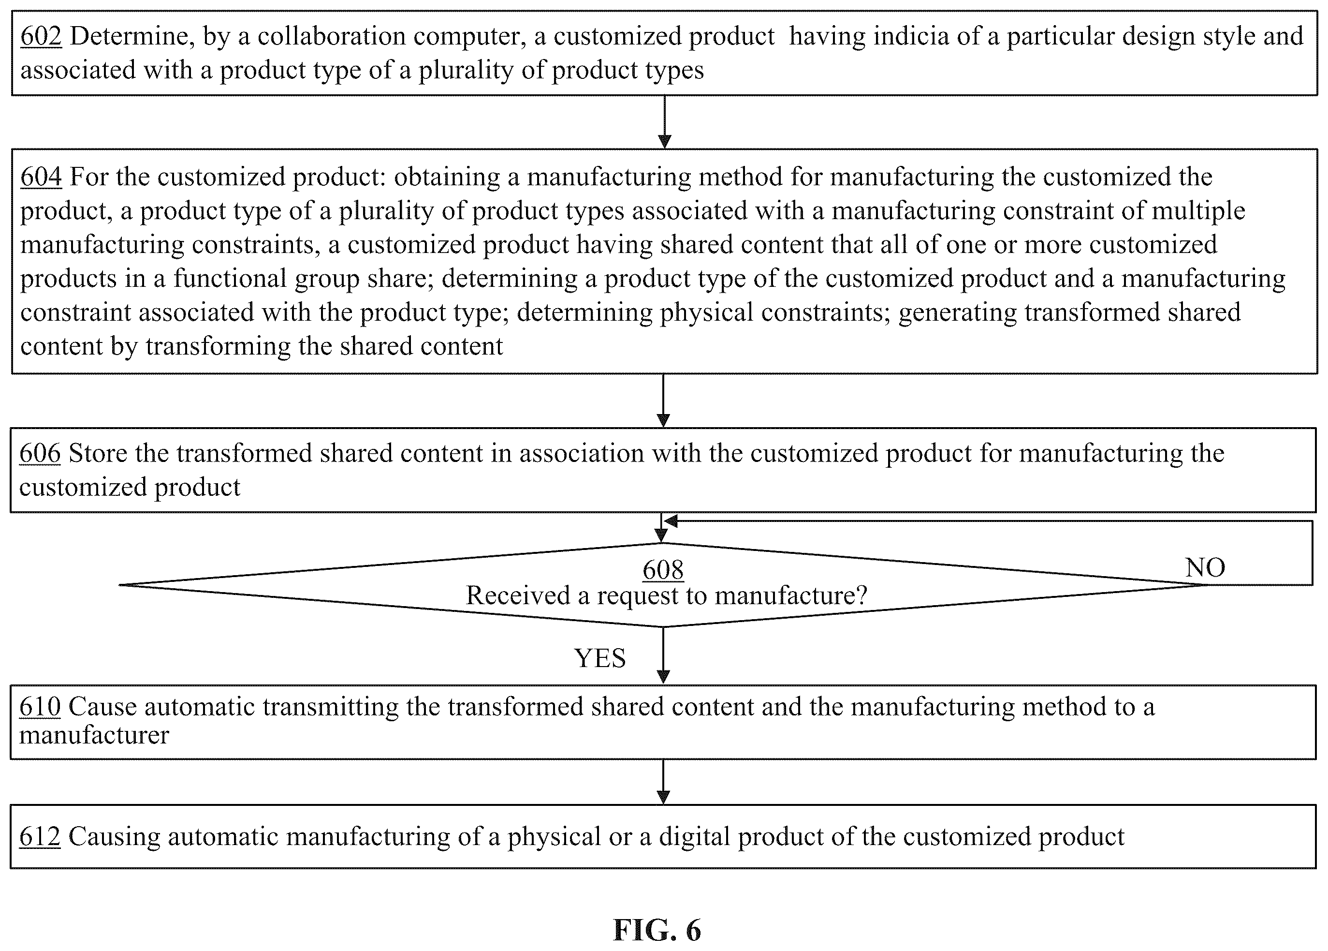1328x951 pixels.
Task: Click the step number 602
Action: tap(41, 36)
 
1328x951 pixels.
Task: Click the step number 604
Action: tap(41, 177)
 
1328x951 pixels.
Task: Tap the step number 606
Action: tap(40, 453)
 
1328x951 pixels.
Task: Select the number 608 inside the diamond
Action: tap(663, 570)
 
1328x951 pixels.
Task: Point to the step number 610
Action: tap(40, 707)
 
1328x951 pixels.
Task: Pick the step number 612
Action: tap(40, 836)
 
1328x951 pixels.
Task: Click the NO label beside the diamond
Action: tap(1205, 567)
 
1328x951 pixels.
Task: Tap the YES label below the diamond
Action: tap(600, 658)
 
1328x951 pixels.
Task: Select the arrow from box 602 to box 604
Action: tap(664, 122)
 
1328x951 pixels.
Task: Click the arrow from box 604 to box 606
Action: tap(663, 401)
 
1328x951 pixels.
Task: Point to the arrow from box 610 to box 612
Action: tap(663, 782)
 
